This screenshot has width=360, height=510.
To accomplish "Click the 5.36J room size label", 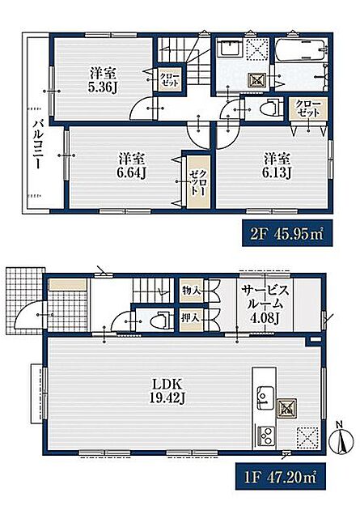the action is point(103,87).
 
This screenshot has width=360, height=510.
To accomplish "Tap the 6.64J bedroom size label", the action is point(132,172).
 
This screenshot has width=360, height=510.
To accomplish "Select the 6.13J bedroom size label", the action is point(277,172).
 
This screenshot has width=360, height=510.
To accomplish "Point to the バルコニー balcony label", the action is point(38,144).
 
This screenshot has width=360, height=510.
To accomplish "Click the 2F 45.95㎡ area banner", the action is point(287,233).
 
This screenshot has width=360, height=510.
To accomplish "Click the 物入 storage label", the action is point(191,291).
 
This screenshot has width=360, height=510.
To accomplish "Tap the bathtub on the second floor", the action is point(300,50).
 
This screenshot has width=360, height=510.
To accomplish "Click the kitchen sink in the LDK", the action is point(265,397).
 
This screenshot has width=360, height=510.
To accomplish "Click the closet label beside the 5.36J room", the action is point(169,79).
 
